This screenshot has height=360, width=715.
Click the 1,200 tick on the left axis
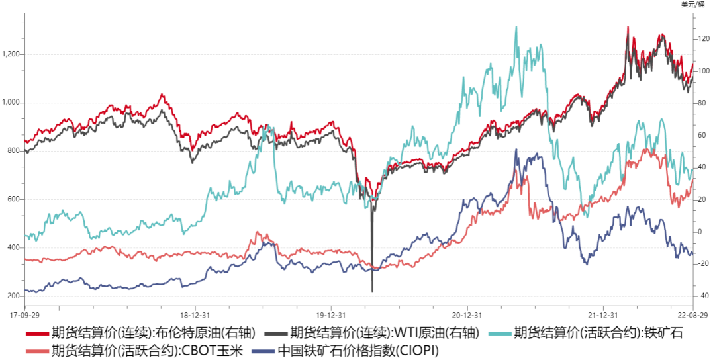13,54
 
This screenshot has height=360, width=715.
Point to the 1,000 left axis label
13,103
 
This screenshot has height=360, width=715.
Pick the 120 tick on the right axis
702,39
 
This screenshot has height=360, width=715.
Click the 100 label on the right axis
702,71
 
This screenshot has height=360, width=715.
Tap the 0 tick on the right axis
698,232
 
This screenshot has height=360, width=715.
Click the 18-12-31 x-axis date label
196,315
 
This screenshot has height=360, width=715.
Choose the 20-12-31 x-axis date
467,315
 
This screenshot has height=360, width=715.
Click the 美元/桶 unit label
694,5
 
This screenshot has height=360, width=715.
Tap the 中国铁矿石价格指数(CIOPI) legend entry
358,350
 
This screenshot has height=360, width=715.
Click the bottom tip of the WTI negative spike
372,292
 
